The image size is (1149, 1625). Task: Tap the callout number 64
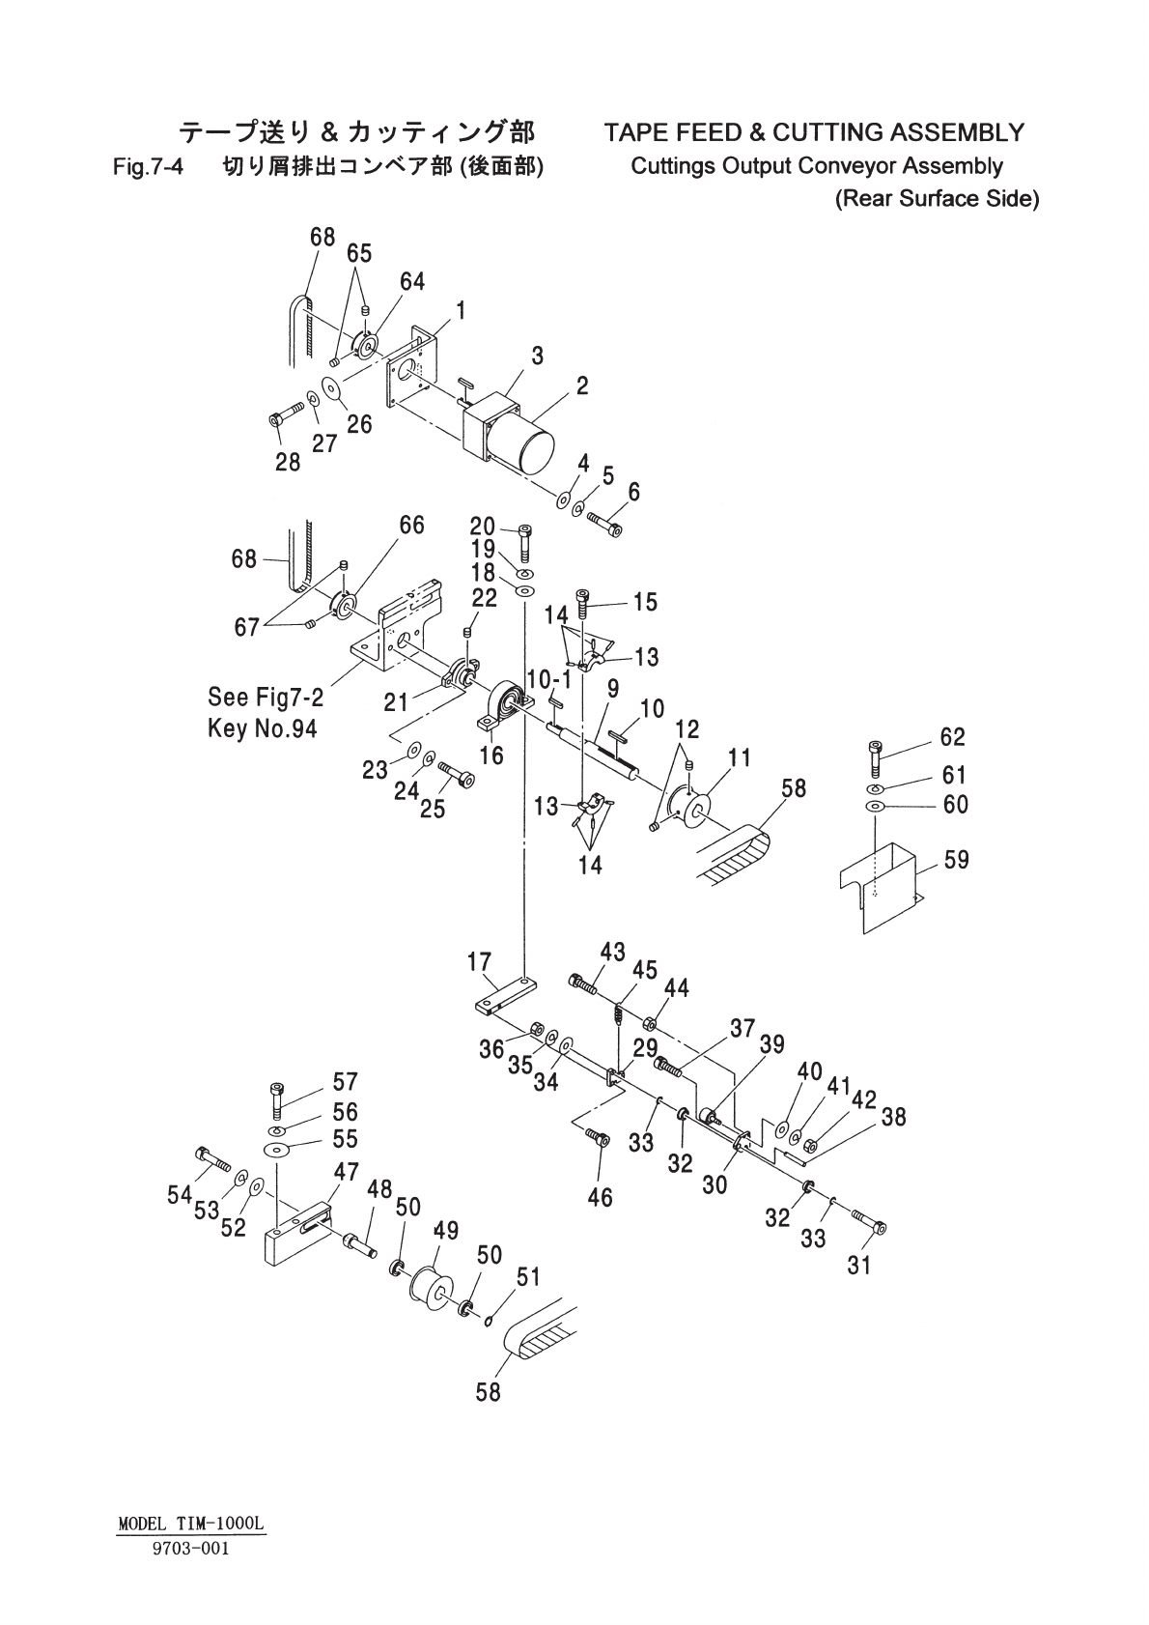(412, 281)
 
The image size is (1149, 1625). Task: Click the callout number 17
(480, 962)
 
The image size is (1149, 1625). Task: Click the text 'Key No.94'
(262, 727)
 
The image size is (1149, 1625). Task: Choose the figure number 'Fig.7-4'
(148, 167)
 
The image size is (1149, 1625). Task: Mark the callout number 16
(491, 755)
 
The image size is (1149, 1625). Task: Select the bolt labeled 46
(599, 1141)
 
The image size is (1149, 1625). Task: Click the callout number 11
(741, 757)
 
